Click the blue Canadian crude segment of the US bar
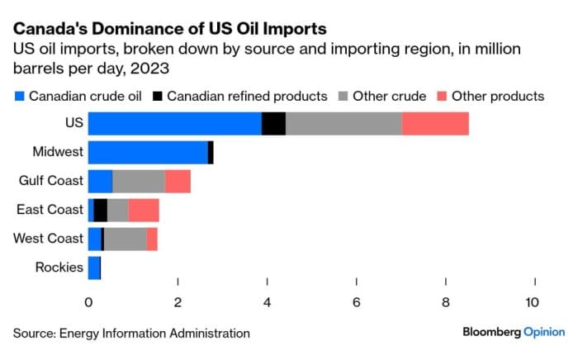175,123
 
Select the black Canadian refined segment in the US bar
273,123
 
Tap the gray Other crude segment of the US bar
343,123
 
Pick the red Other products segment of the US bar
435,123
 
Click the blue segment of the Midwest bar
148,152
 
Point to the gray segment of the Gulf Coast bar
139,181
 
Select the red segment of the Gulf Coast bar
178,181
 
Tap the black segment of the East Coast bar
101,210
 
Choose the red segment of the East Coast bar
144,210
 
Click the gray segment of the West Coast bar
126,239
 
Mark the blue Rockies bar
94,268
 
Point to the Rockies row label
59,268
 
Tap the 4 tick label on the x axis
268,302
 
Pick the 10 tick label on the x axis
533,302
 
